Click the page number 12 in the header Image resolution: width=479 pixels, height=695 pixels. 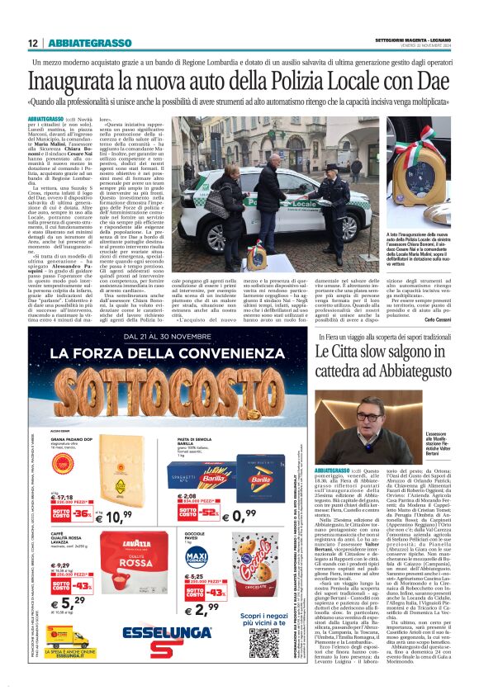click(x=32, y=42)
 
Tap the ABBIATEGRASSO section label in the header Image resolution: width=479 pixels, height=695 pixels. click(x=90, y=42)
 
